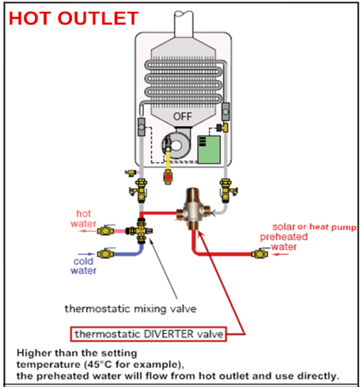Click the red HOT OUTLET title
pyautogui.click(x=74, y=17)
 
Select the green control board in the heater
pyautogui.click(x=208, y=148)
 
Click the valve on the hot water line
pyautogui.click(x=103, y=232)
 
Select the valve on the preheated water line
pyautogui.click(x=256, y=254)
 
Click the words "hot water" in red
pyautogui.click(x=84, y=218)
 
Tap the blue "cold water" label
pyautogui.click(x=82, y=265)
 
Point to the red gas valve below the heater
pyautogui.click(x=167, y=175)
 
